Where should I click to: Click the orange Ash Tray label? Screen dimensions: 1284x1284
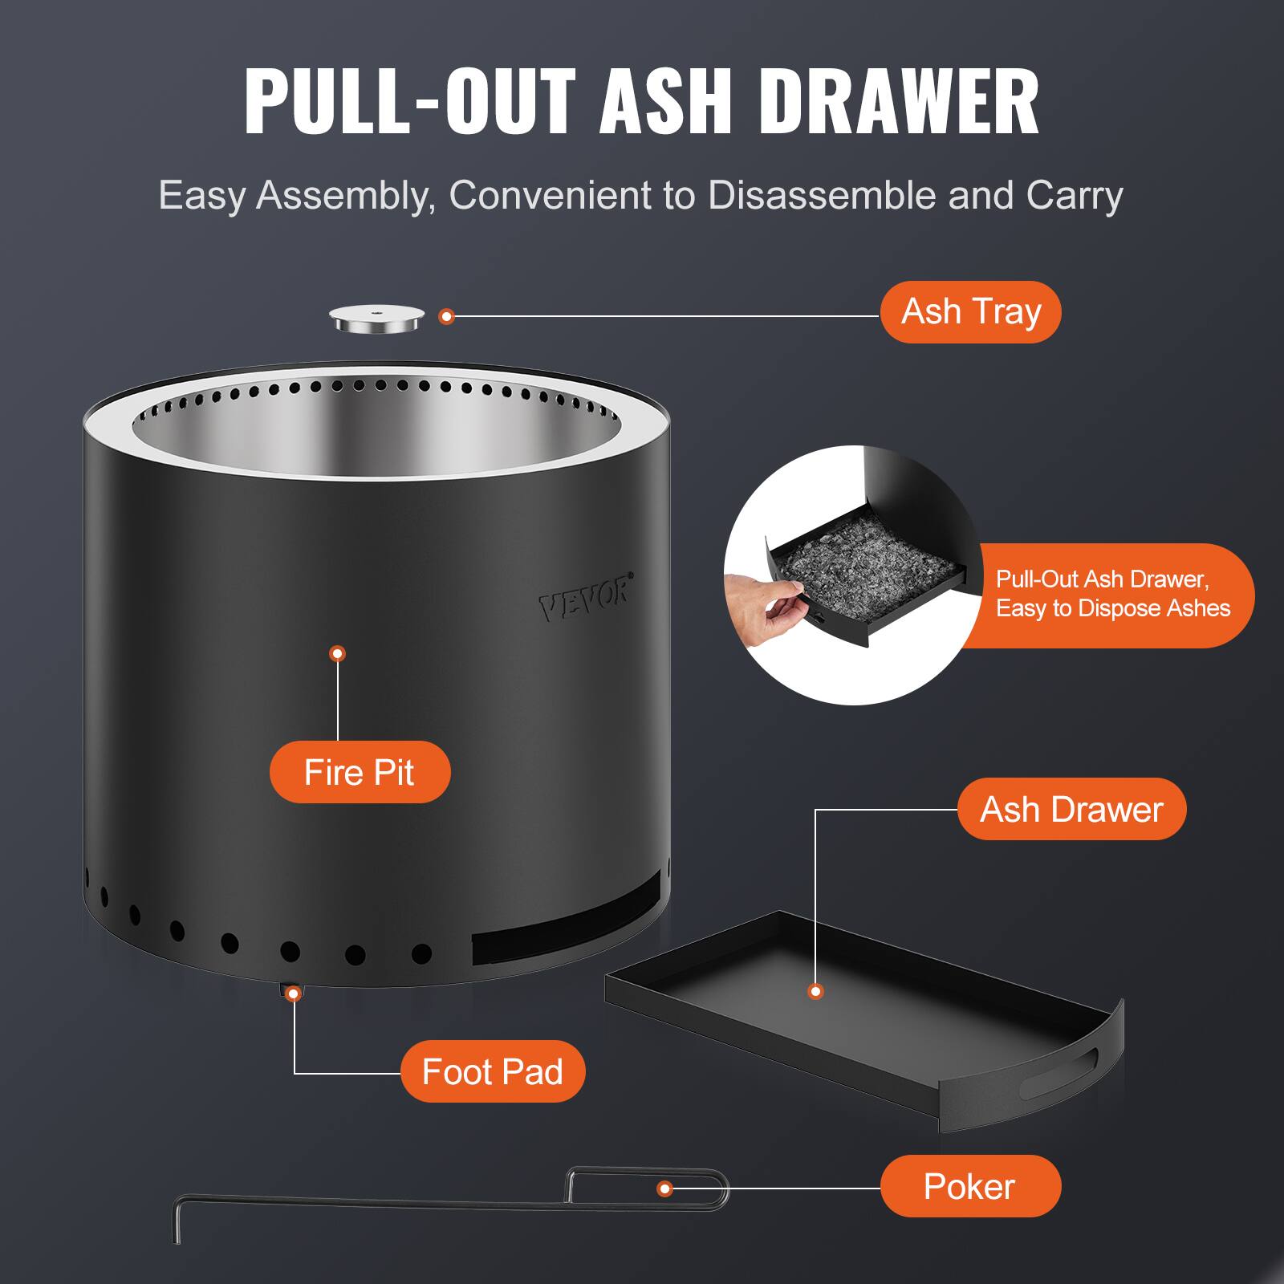(970, 312)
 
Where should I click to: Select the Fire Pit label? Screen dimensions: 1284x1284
(360, 772)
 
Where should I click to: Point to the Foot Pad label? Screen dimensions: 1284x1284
(493, 1071)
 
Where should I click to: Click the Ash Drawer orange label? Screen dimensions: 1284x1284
(1071, 809)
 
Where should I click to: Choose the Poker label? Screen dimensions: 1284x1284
(970, 1186)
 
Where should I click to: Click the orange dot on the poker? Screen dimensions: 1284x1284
(664, 1189)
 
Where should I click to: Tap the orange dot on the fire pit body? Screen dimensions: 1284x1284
(338, 653)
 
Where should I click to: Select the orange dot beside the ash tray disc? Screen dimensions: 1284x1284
(447, 316)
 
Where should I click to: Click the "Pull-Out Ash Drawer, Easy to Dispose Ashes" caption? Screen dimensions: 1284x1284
(1112, 594)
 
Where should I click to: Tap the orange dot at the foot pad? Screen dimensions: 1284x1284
(294, 993)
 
